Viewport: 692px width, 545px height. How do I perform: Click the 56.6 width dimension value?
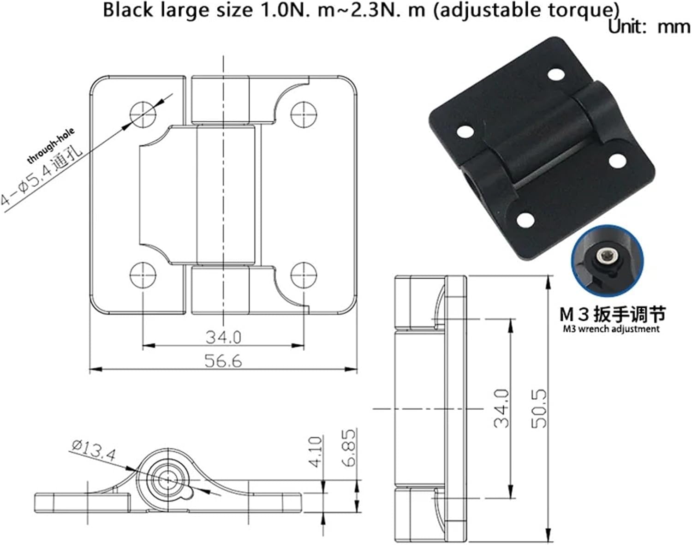pyautogui.click(x=223, y=361)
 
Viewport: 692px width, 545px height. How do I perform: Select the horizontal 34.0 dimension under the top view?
pyautogui.click(x=223, y=337)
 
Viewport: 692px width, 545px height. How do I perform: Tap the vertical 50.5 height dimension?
pyautogui.click(x=539, y=408)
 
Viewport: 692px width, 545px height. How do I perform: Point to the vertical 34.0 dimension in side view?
pyautogui.click(x=501, y=408)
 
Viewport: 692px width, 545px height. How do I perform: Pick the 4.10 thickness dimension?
pyautogui.click(x=316, y=452)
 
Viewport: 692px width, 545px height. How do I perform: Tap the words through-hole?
pyautogui.click(x=51, y=146)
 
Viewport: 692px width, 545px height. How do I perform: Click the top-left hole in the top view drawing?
pyautogui.click(x=143, y=112)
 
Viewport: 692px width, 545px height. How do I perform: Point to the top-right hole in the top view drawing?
pyautogui.click(x=304, y=112)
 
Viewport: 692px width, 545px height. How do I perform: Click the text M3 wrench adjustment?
pyautogui.click(x=611, y=329)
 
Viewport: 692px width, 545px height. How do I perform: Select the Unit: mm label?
pyautogui.click(x=649, y=27)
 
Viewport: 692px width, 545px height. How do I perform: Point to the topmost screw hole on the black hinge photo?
pyautogui.click(x=556, y=74)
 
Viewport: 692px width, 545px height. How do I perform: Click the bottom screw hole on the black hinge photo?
pyautogui.click(x=525, y=220)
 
